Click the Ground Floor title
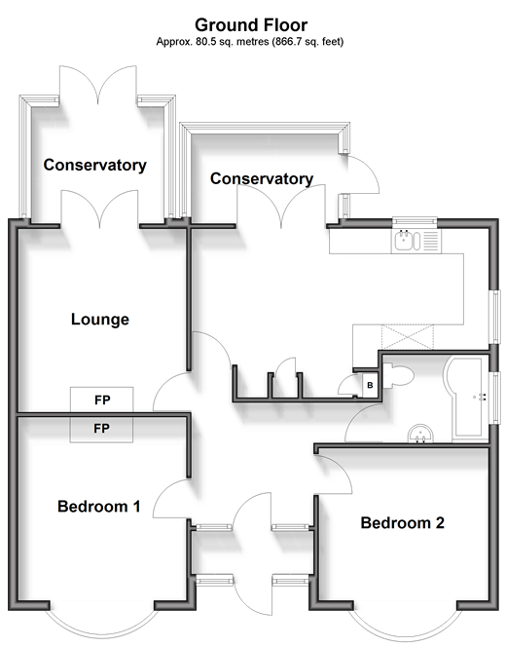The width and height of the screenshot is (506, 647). (x=251, y=25)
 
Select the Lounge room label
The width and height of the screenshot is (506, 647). (x=100, y=320)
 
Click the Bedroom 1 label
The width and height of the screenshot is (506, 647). (x=99, y=507)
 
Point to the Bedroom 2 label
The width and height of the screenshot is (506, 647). (x=403, y=523)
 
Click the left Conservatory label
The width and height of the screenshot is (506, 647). (x=95, y=165)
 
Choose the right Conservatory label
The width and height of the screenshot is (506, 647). (x=262, y=178)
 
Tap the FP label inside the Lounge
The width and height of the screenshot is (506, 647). (x=102, y=400)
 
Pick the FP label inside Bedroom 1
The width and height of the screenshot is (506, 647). (x=101, y=429)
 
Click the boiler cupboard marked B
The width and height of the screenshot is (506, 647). (x=370, y=386)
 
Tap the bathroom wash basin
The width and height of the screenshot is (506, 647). (x=420, y=434)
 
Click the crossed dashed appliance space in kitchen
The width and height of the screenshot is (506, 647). (x=408, y=337)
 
